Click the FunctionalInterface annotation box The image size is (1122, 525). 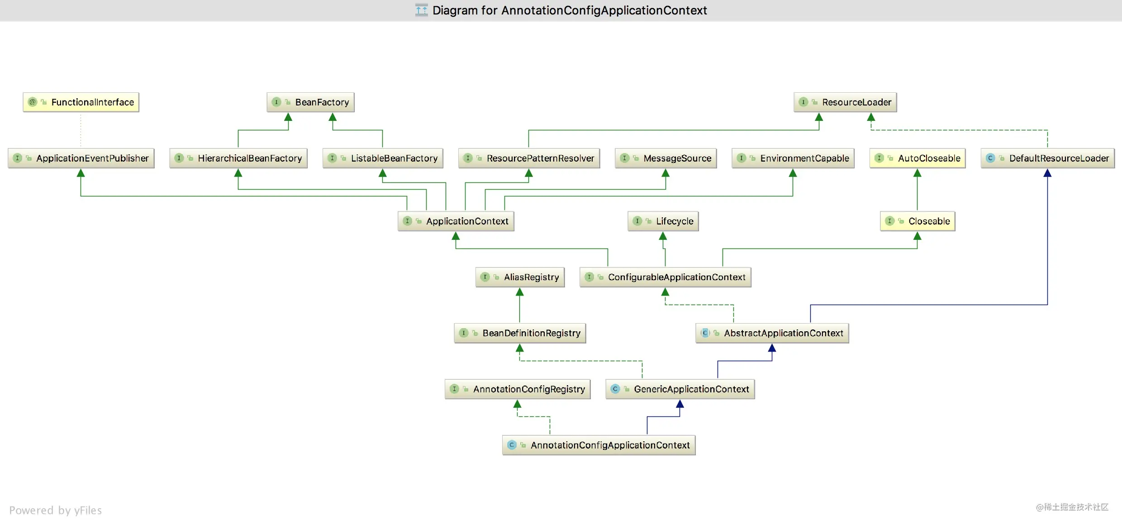81,102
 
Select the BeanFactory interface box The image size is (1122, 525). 310,102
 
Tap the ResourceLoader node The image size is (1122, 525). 845,102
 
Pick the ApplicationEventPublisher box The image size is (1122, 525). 81,158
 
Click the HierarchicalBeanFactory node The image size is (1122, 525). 238,158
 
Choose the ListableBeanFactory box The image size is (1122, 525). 383,158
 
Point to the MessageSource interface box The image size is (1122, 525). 666,158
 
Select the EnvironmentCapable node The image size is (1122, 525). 793,158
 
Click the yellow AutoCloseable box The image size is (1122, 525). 918,158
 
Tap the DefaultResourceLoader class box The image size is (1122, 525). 1048,158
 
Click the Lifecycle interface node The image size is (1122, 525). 663,221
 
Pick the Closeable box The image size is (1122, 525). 918,221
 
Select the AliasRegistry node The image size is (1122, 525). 520,277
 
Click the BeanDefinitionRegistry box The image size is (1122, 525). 520,333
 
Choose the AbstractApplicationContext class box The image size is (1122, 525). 772,333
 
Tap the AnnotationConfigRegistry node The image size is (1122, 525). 518,389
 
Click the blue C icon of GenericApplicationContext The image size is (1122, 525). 615,389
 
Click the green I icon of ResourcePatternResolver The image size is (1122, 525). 468,158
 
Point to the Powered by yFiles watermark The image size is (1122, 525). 56,511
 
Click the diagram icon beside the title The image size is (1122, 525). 422,10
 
